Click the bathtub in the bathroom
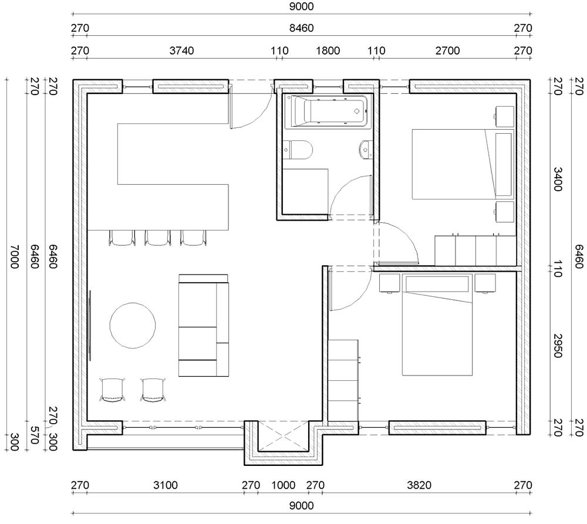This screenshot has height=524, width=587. point(326,111)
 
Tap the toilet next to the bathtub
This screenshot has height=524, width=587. point(298,150)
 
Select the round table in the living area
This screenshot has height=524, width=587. point(133,326)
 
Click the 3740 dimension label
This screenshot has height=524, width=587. point(181,50)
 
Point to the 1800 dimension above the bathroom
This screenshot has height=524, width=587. point(328,50)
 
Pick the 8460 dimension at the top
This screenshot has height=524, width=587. point(301,28)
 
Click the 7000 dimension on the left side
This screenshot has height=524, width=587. point(14,257)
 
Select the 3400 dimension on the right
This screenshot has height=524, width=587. point(558,180)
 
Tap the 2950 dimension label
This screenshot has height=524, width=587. point(558,346)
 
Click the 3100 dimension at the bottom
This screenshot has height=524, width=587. point(166,485)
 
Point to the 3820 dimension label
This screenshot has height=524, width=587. point(419,485)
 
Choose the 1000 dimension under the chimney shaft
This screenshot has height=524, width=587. point(283,485)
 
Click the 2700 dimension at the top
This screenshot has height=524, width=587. point(447,50)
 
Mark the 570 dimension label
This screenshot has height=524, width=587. point(34,435)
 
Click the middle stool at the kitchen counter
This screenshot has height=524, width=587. point(157,238)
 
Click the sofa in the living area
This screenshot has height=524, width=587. point(204,325)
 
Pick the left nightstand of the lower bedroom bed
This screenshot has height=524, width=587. point(390,283)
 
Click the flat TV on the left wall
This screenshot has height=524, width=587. point(90,326)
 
